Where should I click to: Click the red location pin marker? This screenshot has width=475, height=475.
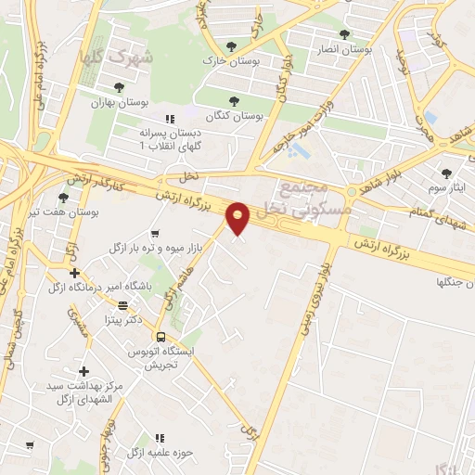coord(239,219)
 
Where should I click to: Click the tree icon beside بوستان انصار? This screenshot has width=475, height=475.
coord(344,34)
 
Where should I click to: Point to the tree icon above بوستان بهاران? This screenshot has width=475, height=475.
coord(119,87)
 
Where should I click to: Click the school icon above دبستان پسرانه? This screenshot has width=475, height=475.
coord(169,119)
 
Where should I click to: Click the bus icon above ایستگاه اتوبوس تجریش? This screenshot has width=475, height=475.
coord(160,337)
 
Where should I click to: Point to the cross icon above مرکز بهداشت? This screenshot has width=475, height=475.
coord(83,370)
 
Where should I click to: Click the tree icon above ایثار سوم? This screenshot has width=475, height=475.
coord(447,173)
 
